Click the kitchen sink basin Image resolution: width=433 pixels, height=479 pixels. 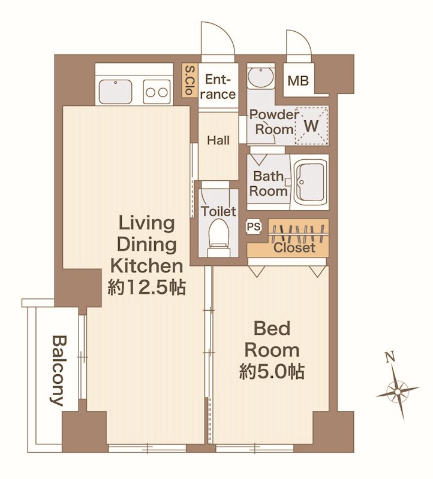click(115, 92)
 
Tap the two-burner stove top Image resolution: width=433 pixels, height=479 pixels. click(157, 92)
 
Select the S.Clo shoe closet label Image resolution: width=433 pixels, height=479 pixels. click(190, 80)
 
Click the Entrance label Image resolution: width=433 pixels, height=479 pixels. click(218, 87)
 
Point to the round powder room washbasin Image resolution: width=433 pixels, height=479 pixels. click(260, 77)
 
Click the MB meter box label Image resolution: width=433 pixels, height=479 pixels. click(298, 81)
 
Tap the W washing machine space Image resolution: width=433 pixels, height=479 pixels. click(311, 125)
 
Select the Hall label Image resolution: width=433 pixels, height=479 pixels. click(218, 141)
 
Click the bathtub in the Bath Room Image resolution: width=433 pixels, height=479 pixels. click(309, 183)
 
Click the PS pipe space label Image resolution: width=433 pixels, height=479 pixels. click(254, 227)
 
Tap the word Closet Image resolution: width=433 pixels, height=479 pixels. click(294, 247)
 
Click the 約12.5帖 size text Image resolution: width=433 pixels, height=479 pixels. click(146, 287)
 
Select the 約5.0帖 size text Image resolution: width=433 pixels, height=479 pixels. click(272, 371)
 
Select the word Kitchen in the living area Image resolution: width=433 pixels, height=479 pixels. click(146, 266)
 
